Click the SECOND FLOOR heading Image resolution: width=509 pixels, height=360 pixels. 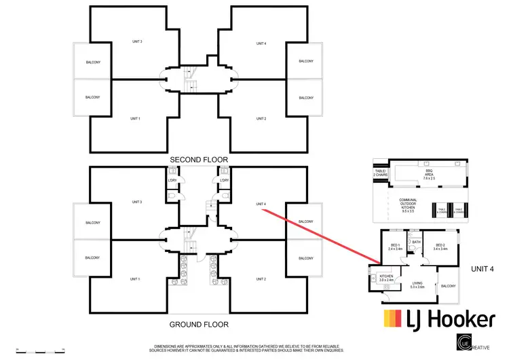coord(199,160)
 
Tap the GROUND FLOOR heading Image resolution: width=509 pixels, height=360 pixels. coord(199,325)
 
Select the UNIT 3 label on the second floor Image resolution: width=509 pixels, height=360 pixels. coord(136,42)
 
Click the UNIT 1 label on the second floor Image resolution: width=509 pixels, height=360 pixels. coord(134,118)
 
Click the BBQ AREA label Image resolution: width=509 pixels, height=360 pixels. coord(428,175)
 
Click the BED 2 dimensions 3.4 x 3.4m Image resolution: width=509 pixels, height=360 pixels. coord(440,249)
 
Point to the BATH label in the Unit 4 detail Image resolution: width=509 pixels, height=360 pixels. coord(416,242)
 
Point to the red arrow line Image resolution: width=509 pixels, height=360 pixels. coord(312,237)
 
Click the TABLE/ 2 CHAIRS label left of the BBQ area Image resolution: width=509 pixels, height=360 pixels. coord(380,173)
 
